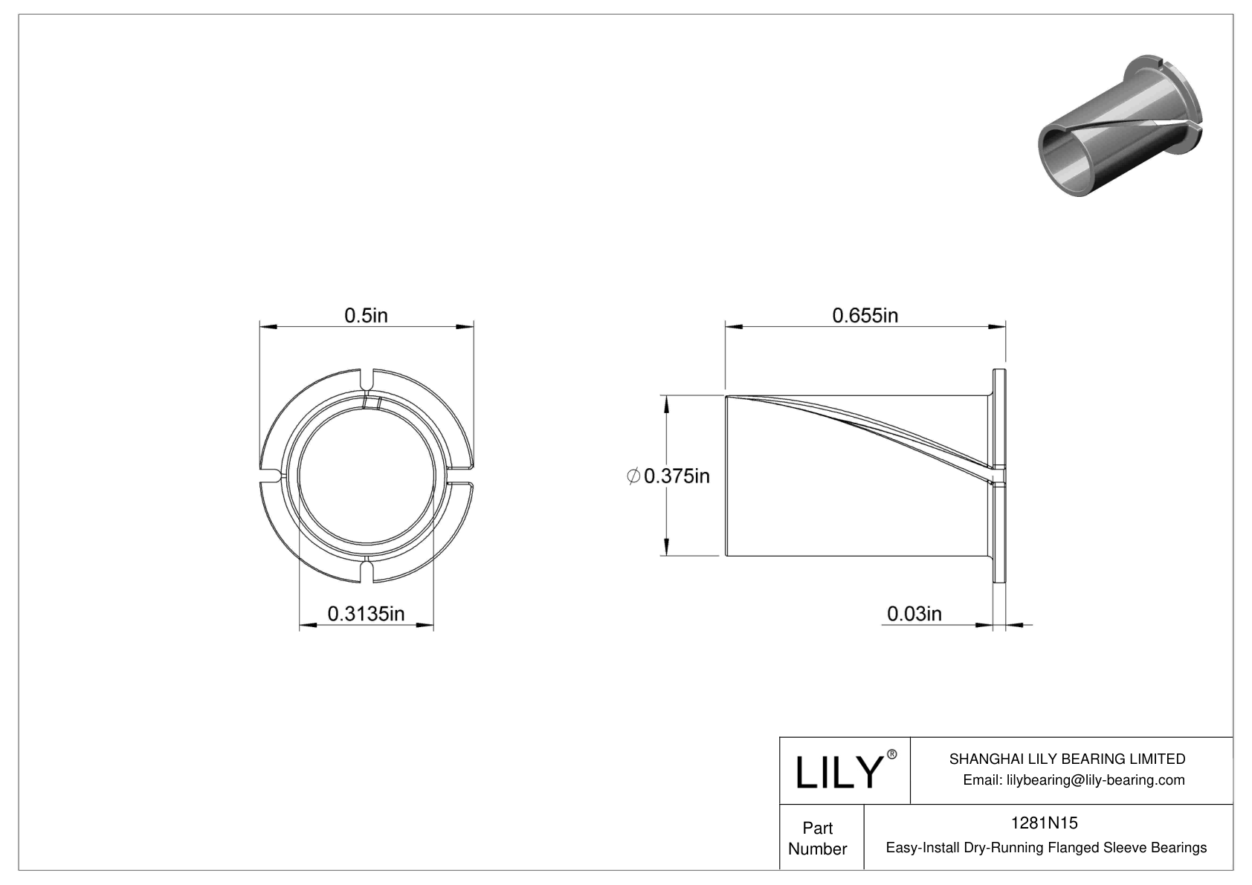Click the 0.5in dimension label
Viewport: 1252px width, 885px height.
pos(366,316)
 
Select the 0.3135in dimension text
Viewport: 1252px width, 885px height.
pos(366,614)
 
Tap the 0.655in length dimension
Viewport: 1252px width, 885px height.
pos(865,316)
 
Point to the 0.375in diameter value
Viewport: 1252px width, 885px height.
pos(677,476)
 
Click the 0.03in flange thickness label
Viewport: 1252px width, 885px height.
pos(914,614)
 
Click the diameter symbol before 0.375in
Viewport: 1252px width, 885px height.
pos(633,476)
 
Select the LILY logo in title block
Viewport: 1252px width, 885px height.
pos(838,772)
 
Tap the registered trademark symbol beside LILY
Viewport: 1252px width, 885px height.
pos(892,754)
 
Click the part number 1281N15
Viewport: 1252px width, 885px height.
pos(1044,823)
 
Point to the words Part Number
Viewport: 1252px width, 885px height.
pos(817,838)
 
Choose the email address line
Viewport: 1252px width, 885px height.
pos(1074,780)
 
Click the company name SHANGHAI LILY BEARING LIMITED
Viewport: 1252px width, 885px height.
pos(1067,759)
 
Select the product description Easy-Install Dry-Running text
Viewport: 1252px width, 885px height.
pos(1046,848)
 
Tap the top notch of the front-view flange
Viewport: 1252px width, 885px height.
pos(366,378)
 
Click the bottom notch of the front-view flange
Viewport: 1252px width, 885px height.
pos(366,571)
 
